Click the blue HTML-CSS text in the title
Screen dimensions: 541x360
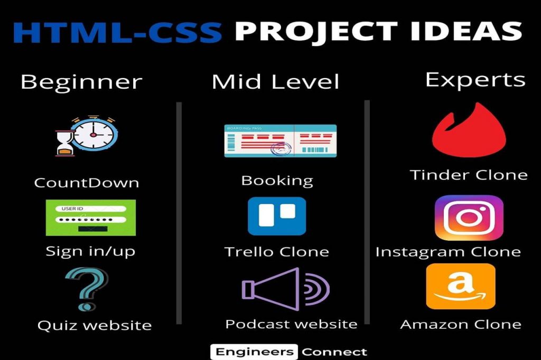click(117, 32)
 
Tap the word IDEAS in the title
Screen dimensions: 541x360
click(466, 31)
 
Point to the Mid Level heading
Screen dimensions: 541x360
click(275, 82)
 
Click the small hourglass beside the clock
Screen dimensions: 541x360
click(65, 143)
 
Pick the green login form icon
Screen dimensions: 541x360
click(91, 217)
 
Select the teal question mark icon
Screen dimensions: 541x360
click(87, 289)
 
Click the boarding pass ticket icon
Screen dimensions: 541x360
click(280, 141)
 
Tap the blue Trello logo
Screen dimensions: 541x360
click(277, 216)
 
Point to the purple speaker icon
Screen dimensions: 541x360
click(285, 289)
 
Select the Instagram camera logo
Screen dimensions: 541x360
click(469, 217)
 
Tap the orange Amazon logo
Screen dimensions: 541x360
click(461, 286)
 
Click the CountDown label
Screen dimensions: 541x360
click(87, 183)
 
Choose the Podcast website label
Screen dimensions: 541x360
click(291, 324)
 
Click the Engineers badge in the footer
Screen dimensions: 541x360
click(254, 352)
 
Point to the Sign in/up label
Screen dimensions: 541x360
click(90, 251)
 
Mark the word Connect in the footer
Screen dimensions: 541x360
click(334, 352)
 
